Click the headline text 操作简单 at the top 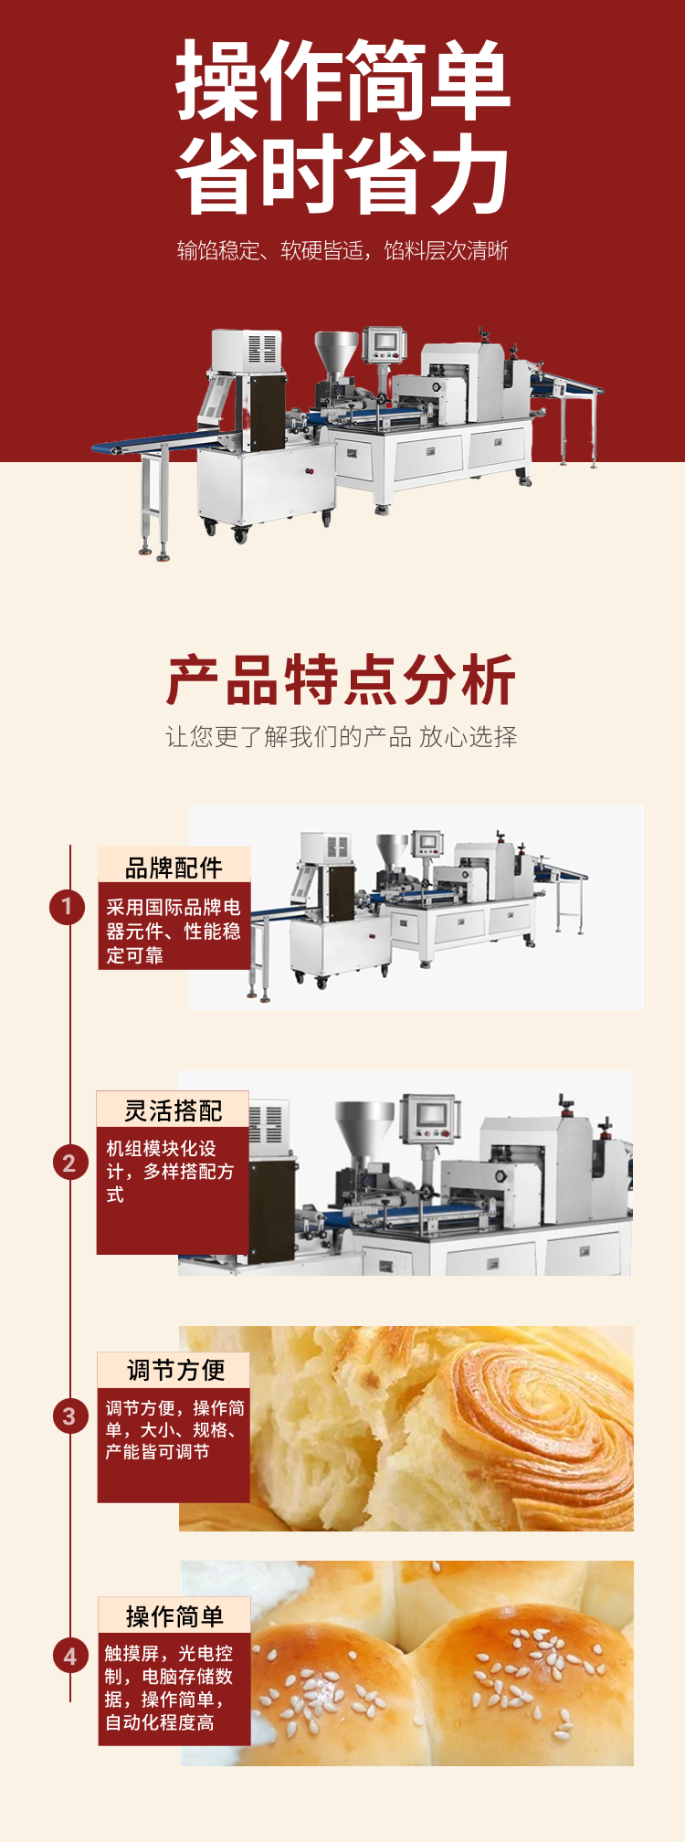342,80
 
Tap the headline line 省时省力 342,174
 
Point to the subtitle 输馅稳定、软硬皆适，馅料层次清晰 342,250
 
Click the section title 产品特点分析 342,680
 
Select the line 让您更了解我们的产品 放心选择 342,737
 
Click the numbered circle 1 67,907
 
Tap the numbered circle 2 69,1163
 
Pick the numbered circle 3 69,1416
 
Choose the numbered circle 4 70,1656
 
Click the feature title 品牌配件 174,868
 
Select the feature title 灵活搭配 174,1110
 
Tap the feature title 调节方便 175,1370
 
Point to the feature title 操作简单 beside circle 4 174,1616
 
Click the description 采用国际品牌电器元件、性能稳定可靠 174,931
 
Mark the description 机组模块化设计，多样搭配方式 170,1171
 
